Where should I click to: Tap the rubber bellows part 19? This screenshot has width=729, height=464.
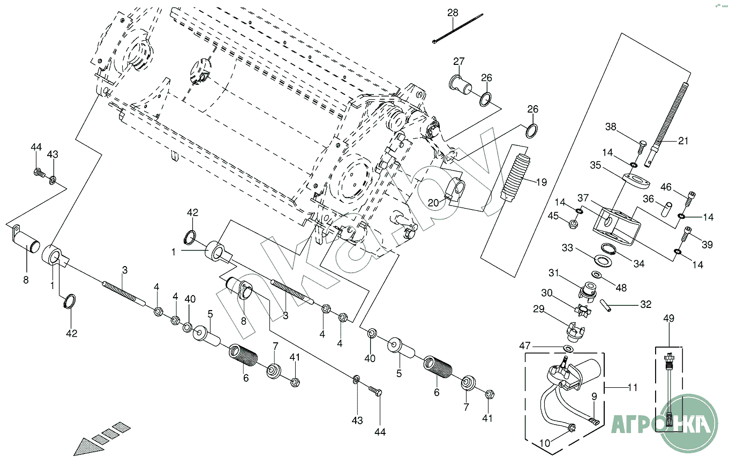[x=515, y=178]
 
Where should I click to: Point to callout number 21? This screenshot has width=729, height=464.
[x=683, y=141]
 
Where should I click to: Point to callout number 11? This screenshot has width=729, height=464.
[x=633, y=387]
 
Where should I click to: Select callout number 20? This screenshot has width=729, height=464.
[x=433, y=202]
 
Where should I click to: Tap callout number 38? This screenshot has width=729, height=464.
[x=611, y=128]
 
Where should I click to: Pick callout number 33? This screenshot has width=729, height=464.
[x=567, y=248]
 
